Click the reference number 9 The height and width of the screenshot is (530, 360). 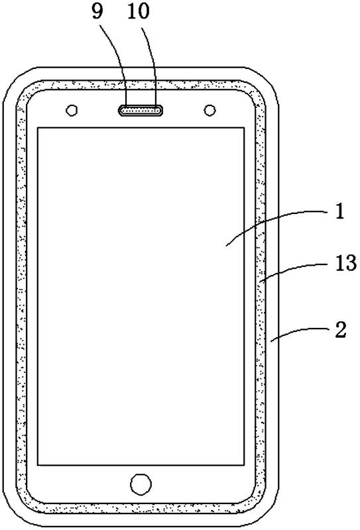[97, 13]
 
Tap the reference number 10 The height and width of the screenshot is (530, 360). [139, 12]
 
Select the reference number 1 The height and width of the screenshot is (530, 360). [339, 212]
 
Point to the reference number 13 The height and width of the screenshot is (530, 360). [346, 262]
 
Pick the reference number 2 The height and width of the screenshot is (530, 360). [341, 329]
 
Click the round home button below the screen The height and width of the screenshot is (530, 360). [141, 484]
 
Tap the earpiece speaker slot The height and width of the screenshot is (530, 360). [141, 110]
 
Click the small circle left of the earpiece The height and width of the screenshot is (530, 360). [72, 110]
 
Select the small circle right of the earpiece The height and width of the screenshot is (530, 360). [210, 110]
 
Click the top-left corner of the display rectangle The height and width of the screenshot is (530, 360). [37, 128]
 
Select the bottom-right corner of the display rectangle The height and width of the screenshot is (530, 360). [244, 465]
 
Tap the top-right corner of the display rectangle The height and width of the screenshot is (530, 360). [244, 128]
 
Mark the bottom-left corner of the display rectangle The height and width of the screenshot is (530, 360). [37, 465]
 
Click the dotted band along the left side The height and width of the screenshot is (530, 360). [21, 297]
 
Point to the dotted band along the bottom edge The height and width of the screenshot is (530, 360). [141, 508]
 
